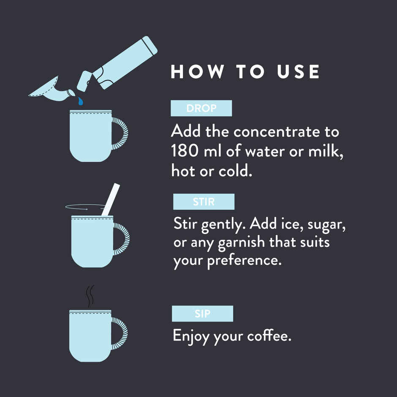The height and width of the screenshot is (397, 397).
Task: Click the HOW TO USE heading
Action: pos(245,71)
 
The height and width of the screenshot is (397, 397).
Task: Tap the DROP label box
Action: pos(201,108)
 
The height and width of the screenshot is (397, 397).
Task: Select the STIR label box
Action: pos(204,201)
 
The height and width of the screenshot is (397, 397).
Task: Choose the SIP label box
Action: pos(203,313)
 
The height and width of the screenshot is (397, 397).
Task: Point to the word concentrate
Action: pos(277,132)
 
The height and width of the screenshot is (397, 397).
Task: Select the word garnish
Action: pos(241,242)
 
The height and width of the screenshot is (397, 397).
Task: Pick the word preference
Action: pos(245,261)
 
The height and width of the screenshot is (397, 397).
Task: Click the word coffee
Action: pos(269,336)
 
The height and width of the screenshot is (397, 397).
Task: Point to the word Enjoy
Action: pos(191,336)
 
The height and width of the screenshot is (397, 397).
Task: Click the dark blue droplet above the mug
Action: pos(81,101)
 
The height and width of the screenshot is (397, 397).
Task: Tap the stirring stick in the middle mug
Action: pos(111,199)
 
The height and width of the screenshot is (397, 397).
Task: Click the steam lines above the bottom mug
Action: pos(90,296)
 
